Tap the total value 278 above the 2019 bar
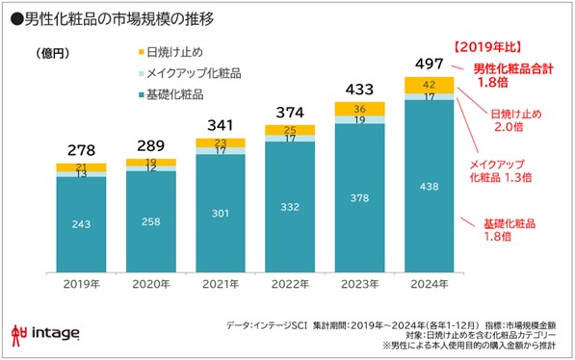click(80, 150)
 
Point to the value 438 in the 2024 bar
click(429, 187)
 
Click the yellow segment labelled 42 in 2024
click(429, 84)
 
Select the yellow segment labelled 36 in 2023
click(358, 108)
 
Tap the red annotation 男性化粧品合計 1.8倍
click(512, 76)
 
